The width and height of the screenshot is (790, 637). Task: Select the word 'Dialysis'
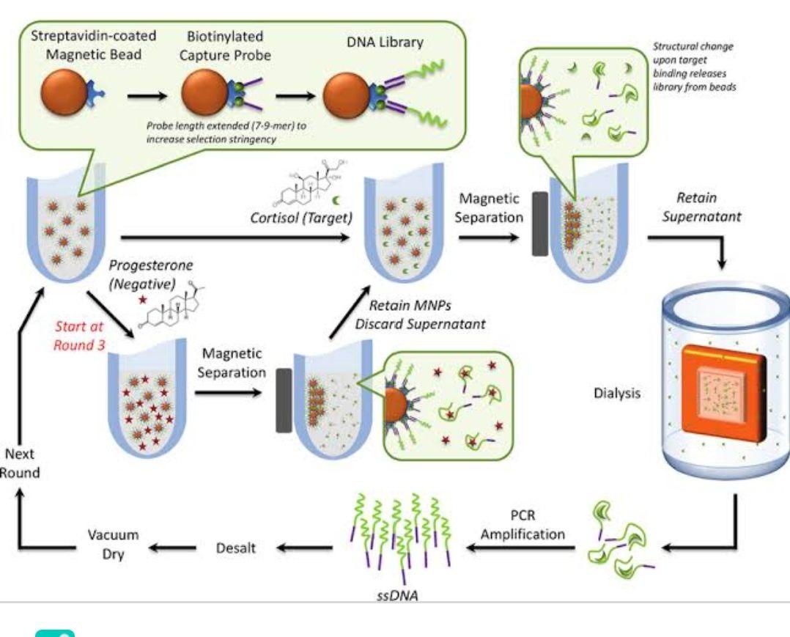coord(616,394)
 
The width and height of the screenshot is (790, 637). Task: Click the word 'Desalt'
coord(235,547)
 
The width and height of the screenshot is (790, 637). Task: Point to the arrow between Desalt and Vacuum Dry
coord(174,547)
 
